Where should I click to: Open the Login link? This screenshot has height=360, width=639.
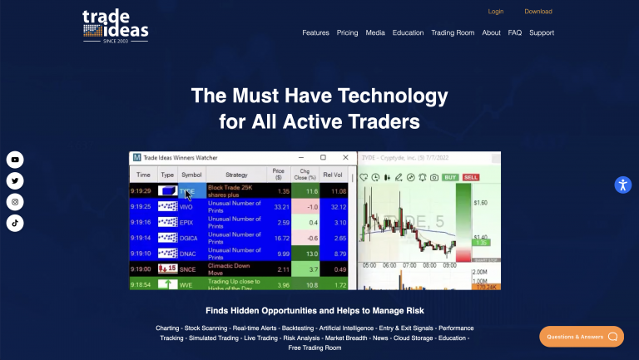tap(496, 12)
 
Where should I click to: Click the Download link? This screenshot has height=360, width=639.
tap(538, 12)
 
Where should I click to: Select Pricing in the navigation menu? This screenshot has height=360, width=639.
tap(347, 32)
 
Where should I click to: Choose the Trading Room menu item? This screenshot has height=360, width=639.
tap(453, 32)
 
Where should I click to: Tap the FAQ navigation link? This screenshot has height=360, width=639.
tap(515, 32)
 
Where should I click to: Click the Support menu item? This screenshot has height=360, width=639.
tap(542, 32)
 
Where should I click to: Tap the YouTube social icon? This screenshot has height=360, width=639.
tap(15, 160)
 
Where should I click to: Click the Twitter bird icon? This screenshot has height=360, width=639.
tap(15, 181)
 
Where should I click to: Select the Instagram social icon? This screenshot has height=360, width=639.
tap(15, 202)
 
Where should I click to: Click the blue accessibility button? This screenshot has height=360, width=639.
tap(623, 185)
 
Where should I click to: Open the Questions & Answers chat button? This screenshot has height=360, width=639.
tap(582, 337)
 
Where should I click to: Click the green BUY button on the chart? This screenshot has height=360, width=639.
tap(450, 177)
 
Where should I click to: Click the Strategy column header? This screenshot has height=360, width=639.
tap(236, 175)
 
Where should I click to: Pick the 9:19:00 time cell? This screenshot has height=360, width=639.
tap(141, 269)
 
